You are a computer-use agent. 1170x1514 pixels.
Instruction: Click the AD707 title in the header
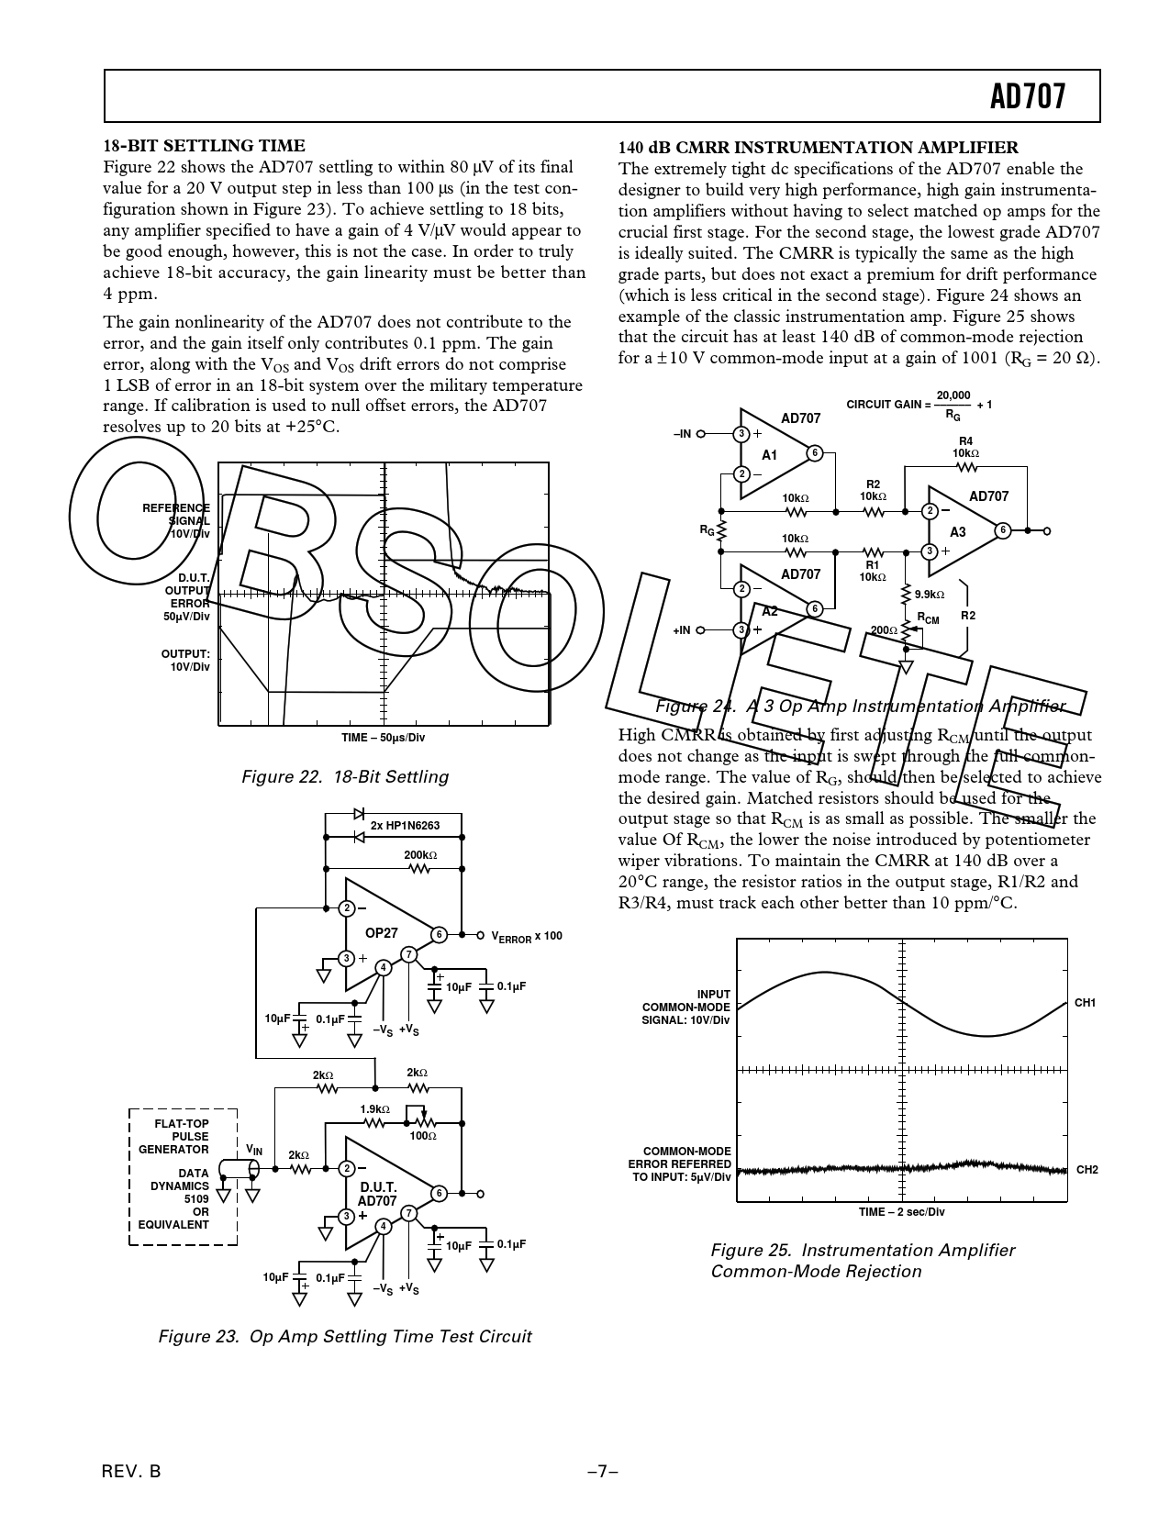pos(1028,95)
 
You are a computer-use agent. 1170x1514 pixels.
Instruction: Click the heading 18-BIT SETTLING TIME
pos(204,146)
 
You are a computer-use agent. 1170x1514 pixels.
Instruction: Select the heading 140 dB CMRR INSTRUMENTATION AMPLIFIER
pos(818,147)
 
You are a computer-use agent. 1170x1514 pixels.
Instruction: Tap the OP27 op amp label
pos(382,932)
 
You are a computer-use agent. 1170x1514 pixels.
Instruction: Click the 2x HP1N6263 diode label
pos(405,825)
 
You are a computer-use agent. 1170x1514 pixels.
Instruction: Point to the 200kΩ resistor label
pos(420,855)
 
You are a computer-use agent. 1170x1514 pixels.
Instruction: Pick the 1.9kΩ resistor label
pos(374,1108)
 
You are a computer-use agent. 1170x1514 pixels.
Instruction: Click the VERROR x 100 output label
pos(527,936)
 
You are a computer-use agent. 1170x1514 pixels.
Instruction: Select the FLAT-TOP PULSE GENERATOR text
pos(173,1136)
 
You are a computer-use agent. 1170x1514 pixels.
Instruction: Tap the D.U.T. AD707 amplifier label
pos(377,1194)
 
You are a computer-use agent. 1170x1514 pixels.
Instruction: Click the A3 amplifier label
pos(957,532)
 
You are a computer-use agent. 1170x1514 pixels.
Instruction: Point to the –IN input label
pos(682,433)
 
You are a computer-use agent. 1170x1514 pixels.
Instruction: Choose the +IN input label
pos(682,630)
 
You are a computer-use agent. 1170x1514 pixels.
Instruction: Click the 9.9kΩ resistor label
pos(930,595)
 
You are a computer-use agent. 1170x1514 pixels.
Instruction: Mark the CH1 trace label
pos(1086,1003)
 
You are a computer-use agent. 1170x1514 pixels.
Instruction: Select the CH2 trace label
pos(1086,1170)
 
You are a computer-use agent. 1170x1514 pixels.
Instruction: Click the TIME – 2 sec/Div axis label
pos(901,1212)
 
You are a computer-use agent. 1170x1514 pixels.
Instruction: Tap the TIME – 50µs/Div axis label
pos(383,738)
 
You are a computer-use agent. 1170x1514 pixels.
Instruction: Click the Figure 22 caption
pos(344,777)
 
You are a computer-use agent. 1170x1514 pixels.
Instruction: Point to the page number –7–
pos(602,1471)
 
